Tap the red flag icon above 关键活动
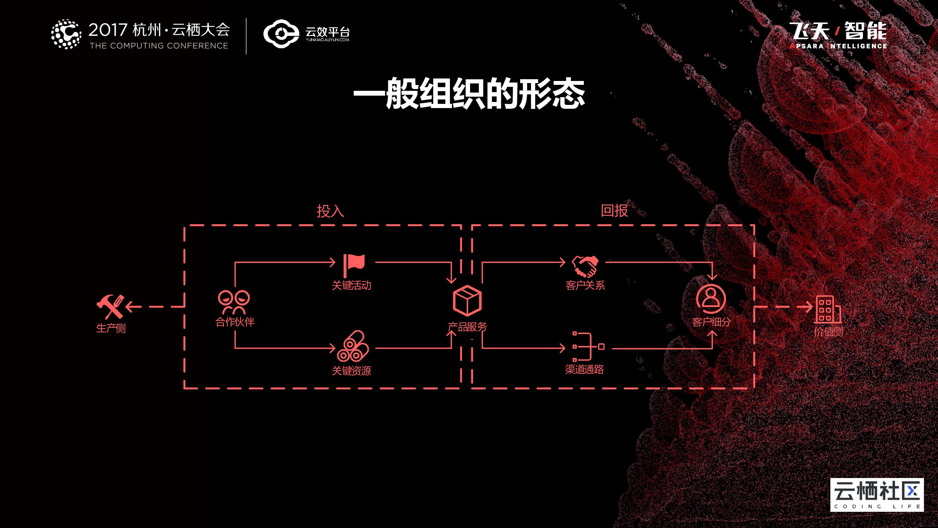click(x=353, y=266)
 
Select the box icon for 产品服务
click(x=467, y=301)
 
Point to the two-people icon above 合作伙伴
click(x=234, y=302)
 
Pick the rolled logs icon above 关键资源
click(x=352, y=346)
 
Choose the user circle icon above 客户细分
click(x=711, y=299)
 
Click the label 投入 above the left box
click(x=330, y=211)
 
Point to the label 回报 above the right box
click(x=614, y=210)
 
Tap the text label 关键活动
click(x=351, y=285)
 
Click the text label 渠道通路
click(x=585, y=370)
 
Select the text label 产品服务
click(x=467, y=327)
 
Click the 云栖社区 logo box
click(x=877, y=495)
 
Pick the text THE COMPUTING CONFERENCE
click(x=159, y=46)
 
